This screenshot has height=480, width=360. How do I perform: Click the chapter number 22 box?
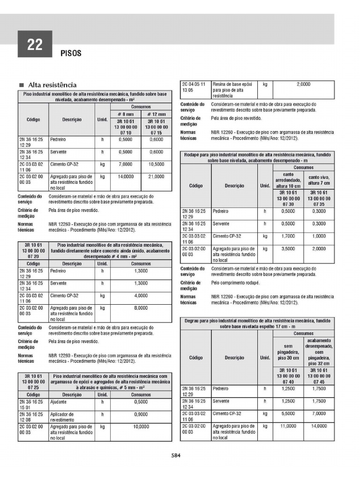click(35, 45)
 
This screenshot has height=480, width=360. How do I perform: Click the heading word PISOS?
click(71, 53)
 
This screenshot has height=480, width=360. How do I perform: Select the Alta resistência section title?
click(52, 85)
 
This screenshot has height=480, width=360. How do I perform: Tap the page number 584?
click(176, 455)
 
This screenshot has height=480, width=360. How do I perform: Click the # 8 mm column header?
click(125, 114)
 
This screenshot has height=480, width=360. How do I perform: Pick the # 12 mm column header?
click(156, 114)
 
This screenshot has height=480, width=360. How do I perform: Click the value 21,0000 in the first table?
click(156, 177)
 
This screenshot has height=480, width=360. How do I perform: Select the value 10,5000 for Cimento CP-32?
click(156, 165)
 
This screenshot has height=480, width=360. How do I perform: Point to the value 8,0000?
click(141, 308)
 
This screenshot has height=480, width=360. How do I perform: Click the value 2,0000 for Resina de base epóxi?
click(304, 84)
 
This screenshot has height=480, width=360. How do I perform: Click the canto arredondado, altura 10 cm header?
click(288, 180)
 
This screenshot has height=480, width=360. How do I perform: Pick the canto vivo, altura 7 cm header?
click(319, 180)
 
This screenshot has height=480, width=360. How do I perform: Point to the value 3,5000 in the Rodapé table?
click(288, 248)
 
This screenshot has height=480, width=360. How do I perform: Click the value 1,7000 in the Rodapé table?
click(288, 236)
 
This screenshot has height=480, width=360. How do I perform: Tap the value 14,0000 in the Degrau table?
click(319, 426)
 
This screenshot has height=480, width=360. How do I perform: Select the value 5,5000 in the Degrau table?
click(288, 414)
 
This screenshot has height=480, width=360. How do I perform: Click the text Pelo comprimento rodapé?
click(236, 283)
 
